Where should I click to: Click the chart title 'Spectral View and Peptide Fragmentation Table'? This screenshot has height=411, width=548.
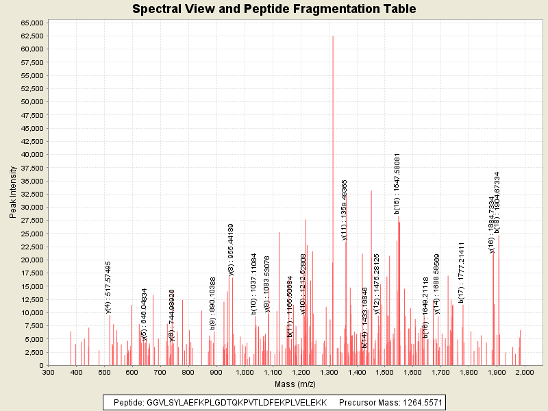274,10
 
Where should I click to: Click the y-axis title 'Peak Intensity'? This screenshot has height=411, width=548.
13,195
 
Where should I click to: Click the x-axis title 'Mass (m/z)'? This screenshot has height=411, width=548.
294,384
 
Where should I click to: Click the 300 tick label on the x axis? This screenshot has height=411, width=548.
48,372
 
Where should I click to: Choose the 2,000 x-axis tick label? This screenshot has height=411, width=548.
524,372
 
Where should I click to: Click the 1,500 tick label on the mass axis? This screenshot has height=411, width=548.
384,372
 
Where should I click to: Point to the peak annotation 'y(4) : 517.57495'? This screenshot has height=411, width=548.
108,287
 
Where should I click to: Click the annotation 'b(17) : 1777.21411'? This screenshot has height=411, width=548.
462,272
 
